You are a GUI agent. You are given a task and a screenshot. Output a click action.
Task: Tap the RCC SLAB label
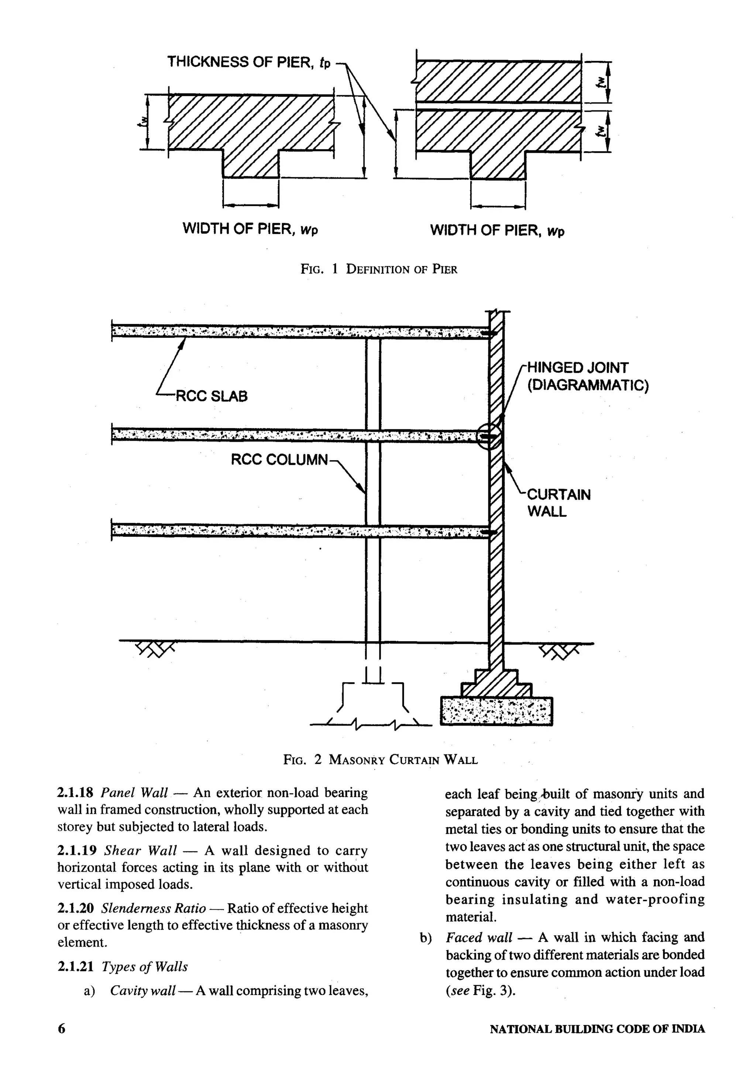tap(210, 396)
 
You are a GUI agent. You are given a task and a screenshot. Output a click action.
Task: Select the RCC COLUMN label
tap(279, 459)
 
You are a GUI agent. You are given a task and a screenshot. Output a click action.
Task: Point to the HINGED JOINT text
tap(577, 368)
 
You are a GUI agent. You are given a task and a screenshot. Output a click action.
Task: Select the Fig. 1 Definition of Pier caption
tap(378, 269)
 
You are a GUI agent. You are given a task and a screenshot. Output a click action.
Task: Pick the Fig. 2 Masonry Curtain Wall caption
tap(380, 759)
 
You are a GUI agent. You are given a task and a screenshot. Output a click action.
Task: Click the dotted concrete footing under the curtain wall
tap(496, 711)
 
